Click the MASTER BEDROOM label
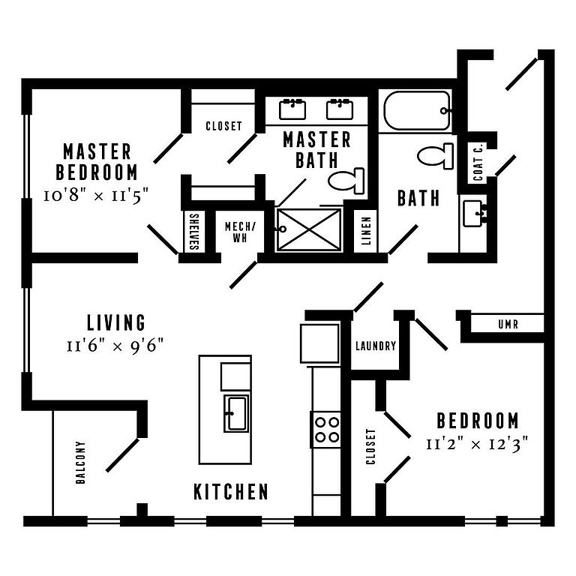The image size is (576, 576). point(100,161)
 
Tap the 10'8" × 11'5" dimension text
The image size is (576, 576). point(97,196)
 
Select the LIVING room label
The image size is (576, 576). point(116,322)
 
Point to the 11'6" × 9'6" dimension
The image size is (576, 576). point(115,346)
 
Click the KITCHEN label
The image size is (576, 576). point(231,492)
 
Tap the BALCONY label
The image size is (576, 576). point(81,463)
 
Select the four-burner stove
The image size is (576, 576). point(326,429)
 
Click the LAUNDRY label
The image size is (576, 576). point(375,346)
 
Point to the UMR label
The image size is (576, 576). point(508,325)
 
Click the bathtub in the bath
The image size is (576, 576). point(417,111)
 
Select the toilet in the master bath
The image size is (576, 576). point(347,181)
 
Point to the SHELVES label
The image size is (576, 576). point(193,233)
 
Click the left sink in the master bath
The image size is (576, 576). point(292,109)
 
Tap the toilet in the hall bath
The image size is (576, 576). point(436,156)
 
